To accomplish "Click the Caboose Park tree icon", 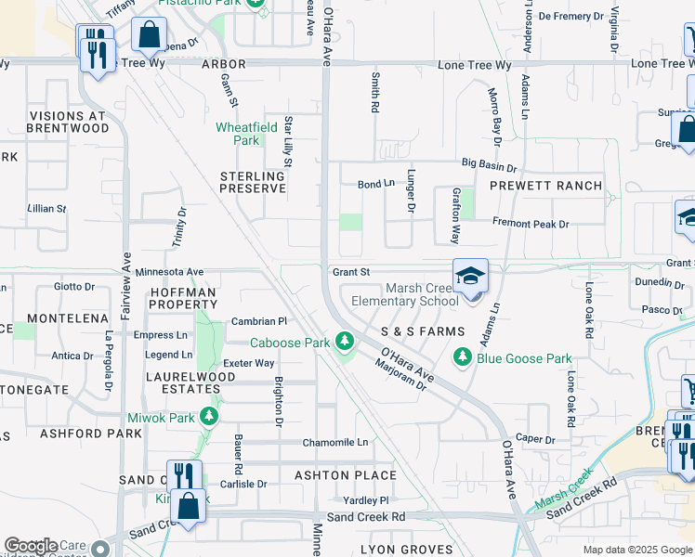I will click(345, 343).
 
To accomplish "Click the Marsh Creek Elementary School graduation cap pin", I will click(471, 277).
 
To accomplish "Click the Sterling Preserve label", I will click(253, 182).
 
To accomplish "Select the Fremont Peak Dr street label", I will click(531, 225).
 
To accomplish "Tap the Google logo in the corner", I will click(32, 546).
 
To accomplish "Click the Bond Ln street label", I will click(376, 185).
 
